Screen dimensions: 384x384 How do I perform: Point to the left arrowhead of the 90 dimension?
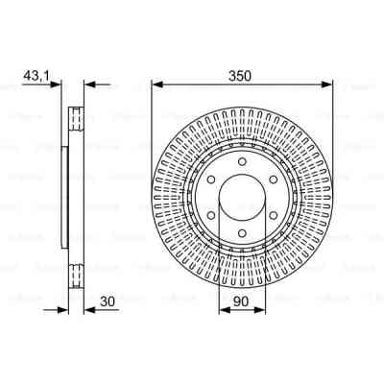tap(221, 310)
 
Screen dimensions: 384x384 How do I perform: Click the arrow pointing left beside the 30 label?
tap(86, 310)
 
